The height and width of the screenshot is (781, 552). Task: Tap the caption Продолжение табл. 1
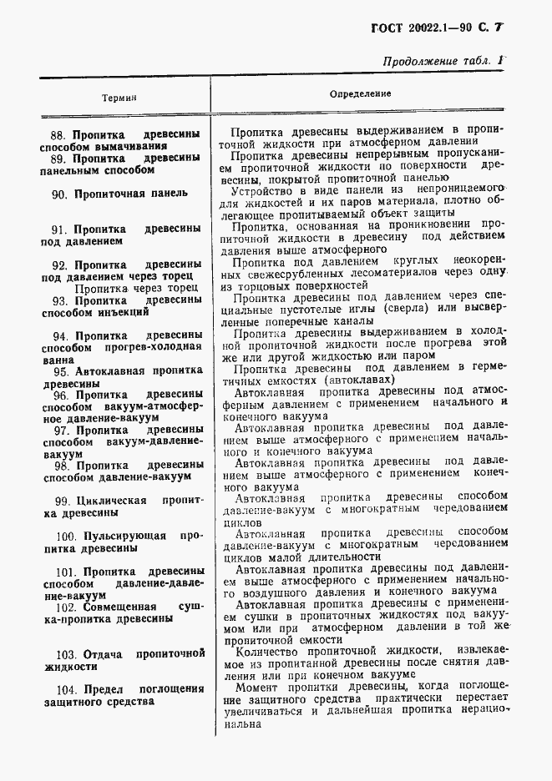(x=443, y=61)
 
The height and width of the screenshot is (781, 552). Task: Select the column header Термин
(x=119, y=98)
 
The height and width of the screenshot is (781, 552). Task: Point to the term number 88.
(x=58, y=134)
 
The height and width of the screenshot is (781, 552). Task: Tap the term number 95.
(x=61, y=371)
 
